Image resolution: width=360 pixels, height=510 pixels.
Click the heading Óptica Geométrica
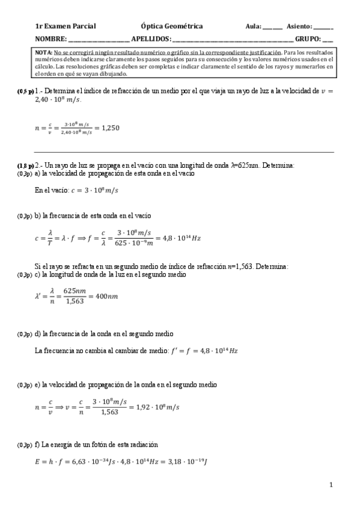(x=171, y=26)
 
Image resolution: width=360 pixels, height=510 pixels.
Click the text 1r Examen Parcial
(x=66, y=26)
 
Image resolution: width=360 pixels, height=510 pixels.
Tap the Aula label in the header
(x=253, y=26)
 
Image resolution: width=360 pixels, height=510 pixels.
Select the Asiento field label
(x=299, y=26)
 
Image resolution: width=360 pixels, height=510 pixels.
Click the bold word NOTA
(x=44, y=53)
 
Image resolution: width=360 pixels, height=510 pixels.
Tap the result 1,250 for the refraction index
(x=108, y=127)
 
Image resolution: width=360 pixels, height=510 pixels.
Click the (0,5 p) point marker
(x=25, y=91)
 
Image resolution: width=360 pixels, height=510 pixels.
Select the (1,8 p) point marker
(x=25, y=165)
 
